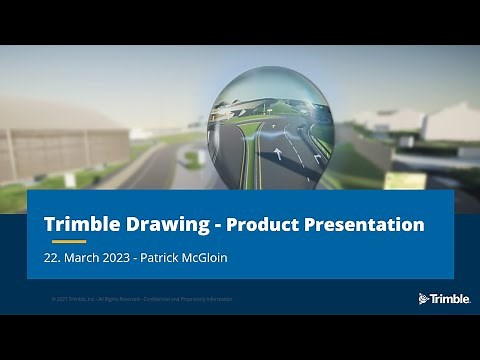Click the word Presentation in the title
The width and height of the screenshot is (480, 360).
pyautogui.click(x=366, y=223)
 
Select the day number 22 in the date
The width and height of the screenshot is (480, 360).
pyautogui.click(x=52, y=258)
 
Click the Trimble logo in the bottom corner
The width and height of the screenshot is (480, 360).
pyautogui.click(x=444, y=298)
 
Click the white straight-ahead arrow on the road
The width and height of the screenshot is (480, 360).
pyautogui.click(x=277, y=154)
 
